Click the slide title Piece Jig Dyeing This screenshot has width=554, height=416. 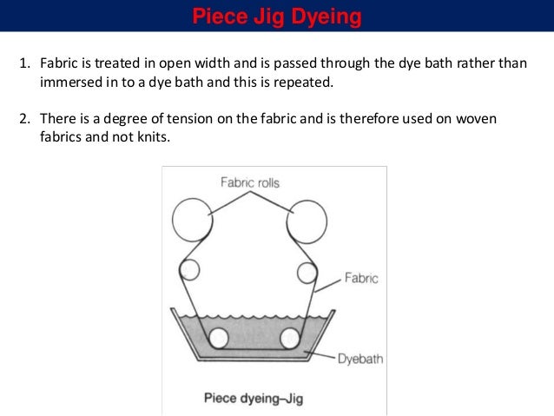pyautogui.click(x=277, y=17)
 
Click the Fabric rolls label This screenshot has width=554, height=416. pyautogui.click(x=249, y=182)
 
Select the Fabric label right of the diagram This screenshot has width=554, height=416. pyautogui.click(x=361, y=279)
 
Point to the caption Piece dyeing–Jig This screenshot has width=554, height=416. pyautogui.click(x=253, y=399)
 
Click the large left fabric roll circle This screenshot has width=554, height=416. pyautogui.click(x=192, y=220)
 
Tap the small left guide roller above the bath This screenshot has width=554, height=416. pyautogui.click(x=189, y=270)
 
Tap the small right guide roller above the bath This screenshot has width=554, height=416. pyautogui.click(x=307, y=273)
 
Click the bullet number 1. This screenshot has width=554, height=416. pyautogui.click(x=25, y=65)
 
